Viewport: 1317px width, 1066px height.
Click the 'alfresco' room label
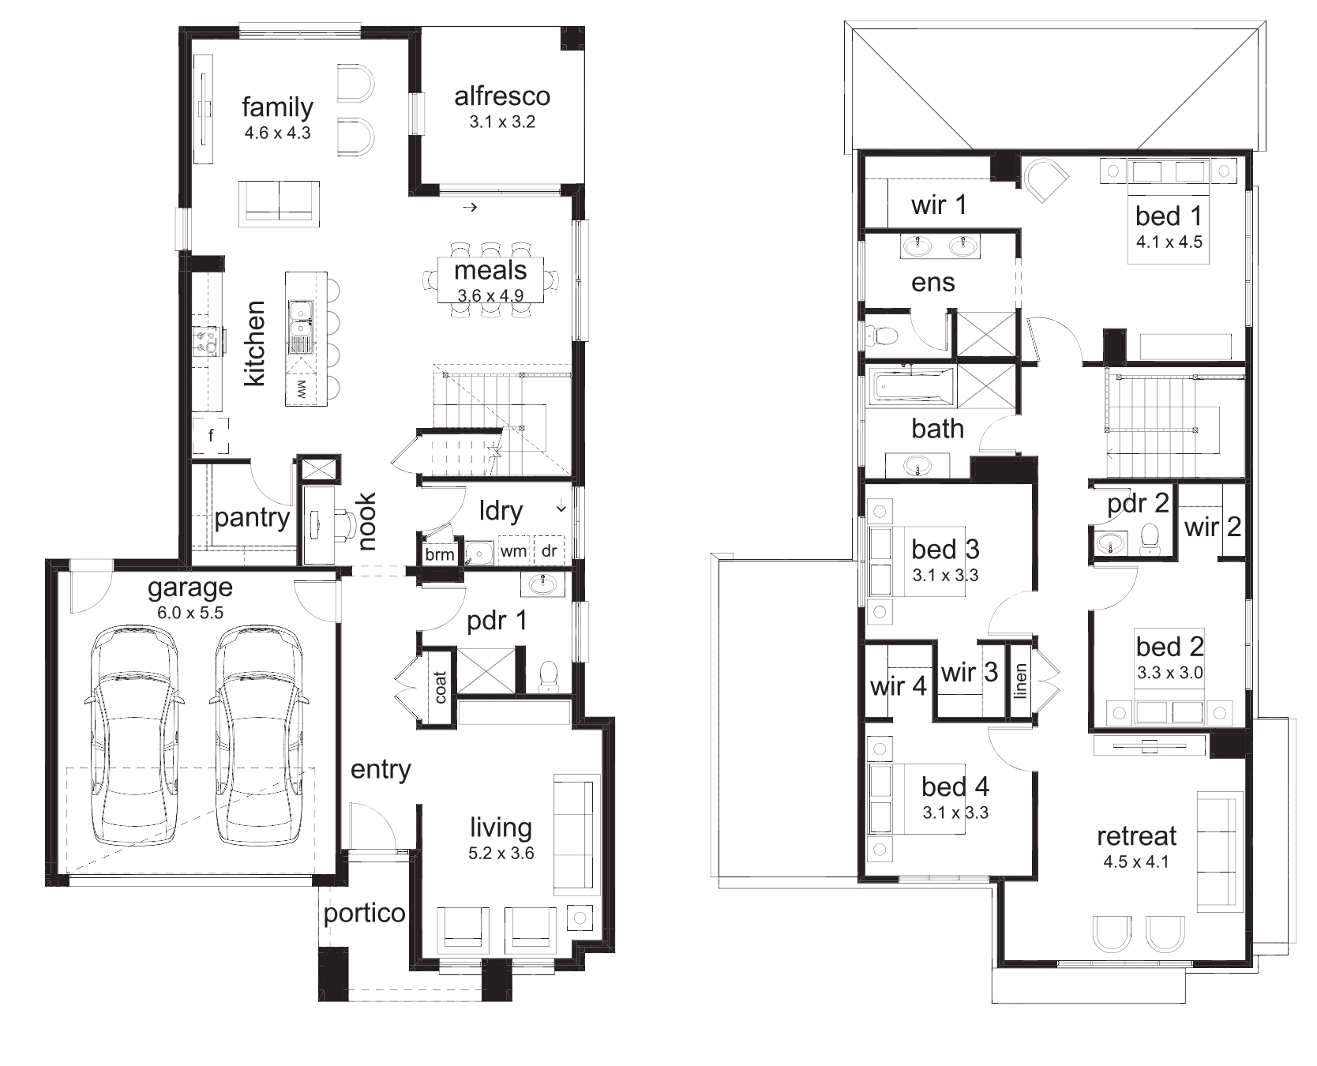(x=502, y=96)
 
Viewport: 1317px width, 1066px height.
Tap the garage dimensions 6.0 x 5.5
(x=189, y=613)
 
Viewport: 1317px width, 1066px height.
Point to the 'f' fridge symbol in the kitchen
(x=211, y=436)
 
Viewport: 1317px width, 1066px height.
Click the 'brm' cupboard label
(x=440, y=554)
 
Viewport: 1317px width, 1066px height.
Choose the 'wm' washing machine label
(x=513, y=551)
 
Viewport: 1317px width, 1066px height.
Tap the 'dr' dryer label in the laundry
(x=550, y=551)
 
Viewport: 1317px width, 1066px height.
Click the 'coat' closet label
(x=441, y=687)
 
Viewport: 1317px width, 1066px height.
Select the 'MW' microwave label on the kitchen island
(x=301, y=388)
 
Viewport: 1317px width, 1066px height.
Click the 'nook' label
(x=367, y=521)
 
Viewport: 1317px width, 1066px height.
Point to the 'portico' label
(x=365, y=914)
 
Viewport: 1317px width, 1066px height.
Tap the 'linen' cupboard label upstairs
(x=1020, y=681)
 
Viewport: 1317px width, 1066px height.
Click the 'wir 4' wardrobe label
(x=898, y=685)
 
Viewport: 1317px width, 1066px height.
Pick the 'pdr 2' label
(x=1138, y=504)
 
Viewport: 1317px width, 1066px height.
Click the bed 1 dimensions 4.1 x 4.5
(x=1169, y=242)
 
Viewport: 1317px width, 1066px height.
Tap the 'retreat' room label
(x=1137, y=835)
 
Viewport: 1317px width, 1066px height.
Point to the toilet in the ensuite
(x=883, y=336)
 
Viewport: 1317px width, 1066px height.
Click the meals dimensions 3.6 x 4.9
(x=490, y=296)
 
